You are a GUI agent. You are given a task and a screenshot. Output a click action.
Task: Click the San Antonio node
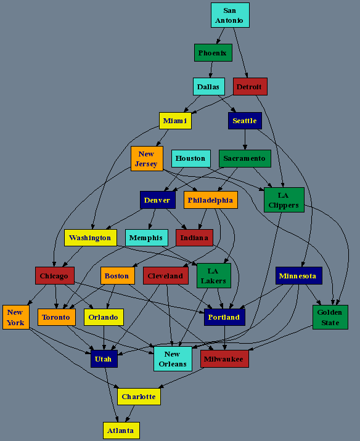[x=230, y=15]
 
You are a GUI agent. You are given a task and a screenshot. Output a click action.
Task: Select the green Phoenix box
[x=213, y=52]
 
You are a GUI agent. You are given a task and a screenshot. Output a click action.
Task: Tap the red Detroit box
[x=250, y=87]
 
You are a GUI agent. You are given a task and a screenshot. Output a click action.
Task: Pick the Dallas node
[x=208, y=87]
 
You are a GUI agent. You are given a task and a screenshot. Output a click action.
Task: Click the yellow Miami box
[x=175, y=121]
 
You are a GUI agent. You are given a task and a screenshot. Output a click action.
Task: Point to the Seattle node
[x=245, y=121]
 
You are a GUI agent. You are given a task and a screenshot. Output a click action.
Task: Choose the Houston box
[x=191, y=158]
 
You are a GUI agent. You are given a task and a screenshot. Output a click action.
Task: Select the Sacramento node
[x=245, y=158]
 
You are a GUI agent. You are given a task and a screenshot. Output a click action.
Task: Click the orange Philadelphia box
[x=211, y=200]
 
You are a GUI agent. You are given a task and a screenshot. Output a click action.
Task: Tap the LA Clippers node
[x=284, y=200]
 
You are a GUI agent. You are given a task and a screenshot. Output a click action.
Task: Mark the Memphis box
[x=146, y=238]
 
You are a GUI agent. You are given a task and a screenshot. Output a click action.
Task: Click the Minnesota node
[x=298, y=276]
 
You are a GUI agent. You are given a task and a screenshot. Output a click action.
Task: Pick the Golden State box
[x=330, y=317]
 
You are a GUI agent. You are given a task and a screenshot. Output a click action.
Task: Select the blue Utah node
[x=104, y=359]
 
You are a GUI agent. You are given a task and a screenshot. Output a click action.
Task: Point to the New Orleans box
[x=173, y=359]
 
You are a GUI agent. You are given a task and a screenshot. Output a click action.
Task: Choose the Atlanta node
[x=121, y=431]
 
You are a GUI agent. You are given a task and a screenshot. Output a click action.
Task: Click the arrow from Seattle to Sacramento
[x=245, y=139]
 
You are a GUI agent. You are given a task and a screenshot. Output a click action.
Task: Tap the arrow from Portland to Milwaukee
[x=224, y=338]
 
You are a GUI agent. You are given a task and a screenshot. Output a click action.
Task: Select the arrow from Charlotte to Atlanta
[x=130, y=413]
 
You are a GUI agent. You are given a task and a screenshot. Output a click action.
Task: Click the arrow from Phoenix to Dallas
[x=211, y=70]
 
